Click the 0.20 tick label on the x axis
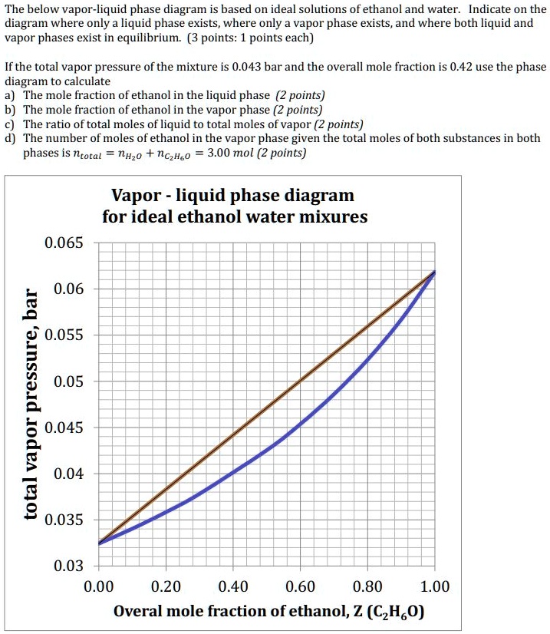pos(166,587)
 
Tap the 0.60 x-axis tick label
pos(300,587)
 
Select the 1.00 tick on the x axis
pos(434,587)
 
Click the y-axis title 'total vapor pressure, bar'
pos(31,405)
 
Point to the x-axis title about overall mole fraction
pos(268,612)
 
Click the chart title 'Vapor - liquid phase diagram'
pos(233,195)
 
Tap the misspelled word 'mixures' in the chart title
pos(331,216)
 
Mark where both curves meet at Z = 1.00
pos(434,272)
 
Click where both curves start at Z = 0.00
pos(100,543)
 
